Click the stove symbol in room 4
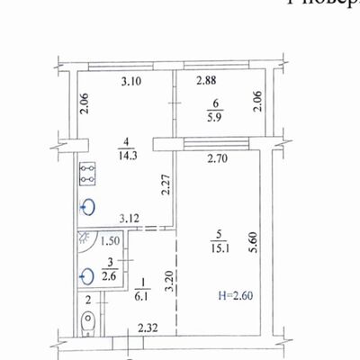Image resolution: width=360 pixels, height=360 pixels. pos(88,174)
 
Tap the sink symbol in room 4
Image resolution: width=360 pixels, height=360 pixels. pos(87,207)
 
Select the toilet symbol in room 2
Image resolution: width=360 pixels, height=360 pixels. pos(87,322)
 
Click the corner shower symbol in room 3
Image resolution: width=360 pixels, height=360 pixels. pos(84,240)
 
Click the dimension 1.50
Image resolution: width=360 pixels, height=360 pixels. pos(111,240)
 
